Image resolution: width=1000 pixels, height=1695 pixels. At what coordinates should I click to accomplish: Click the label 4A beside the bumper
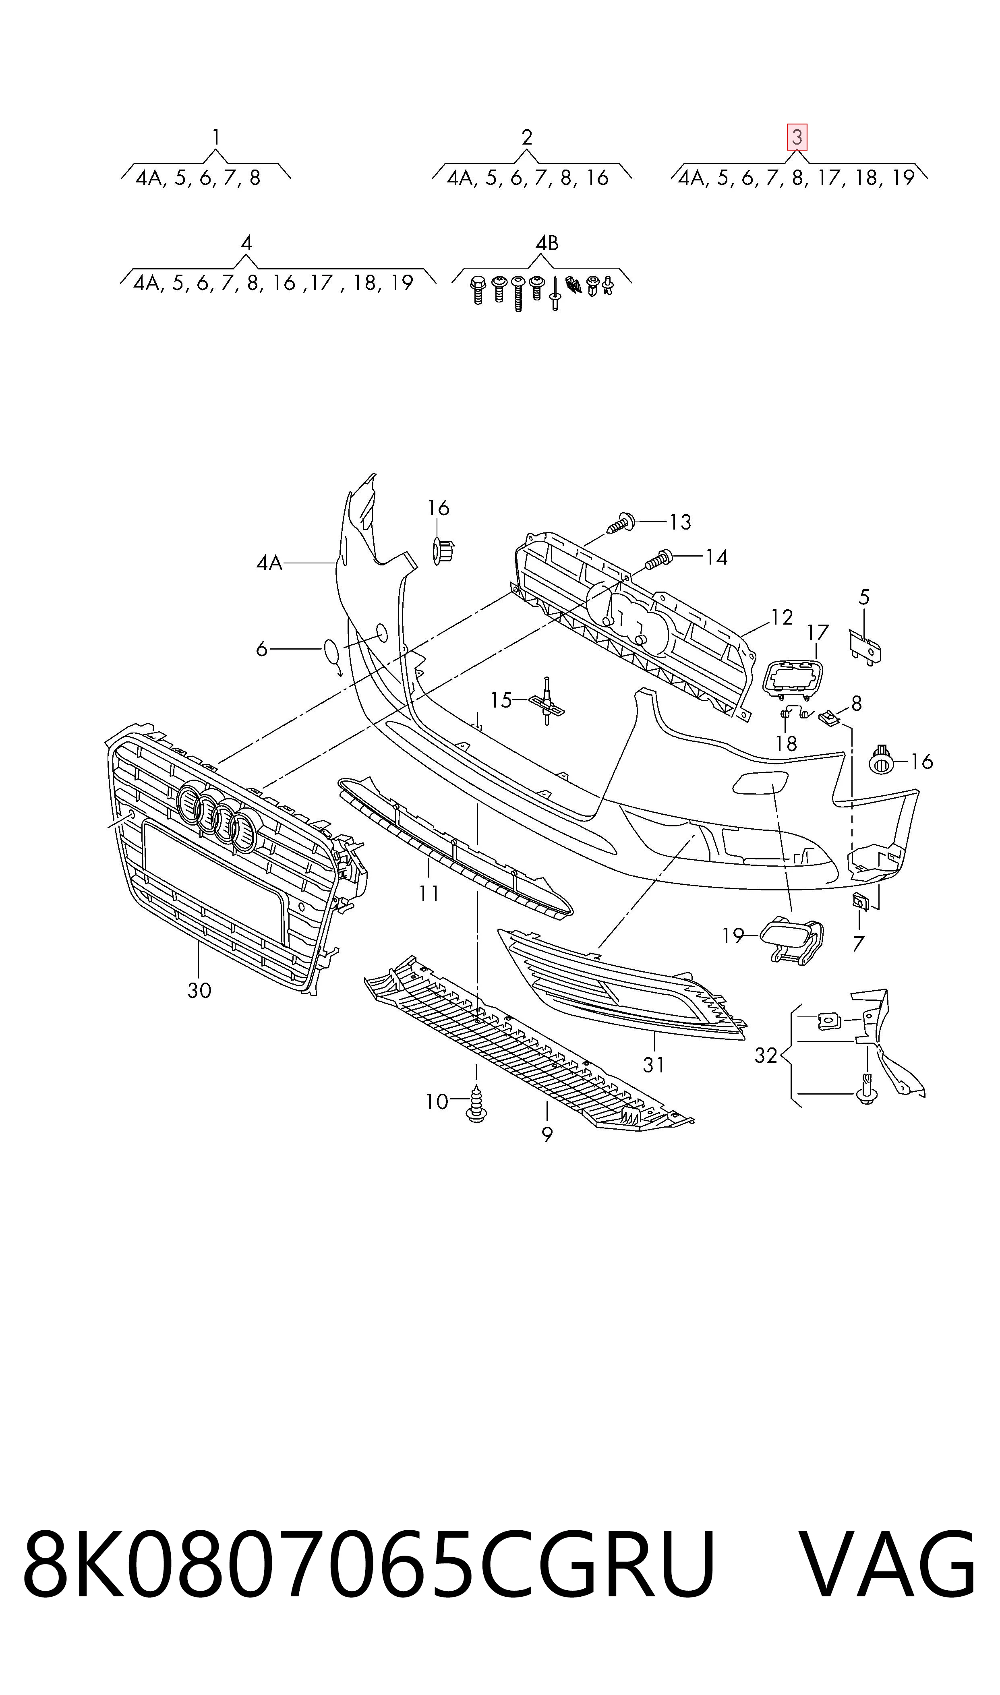point(269,563)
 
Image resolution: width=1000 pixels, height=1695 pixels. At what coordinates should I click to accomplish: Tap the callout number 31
point(654,1064)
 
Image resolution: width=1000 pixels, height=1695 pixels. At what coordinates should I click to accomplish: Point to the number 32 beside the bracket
point(766,1055)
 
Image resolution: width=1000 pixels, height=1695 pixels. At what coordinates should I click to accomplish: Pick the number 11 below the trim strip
point(429,893)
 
